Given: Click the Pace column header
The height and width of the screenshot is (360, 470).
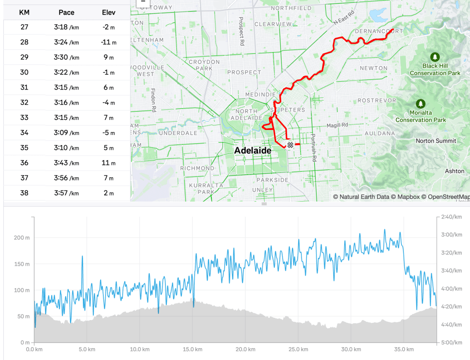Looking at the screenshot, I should tap(66, 12).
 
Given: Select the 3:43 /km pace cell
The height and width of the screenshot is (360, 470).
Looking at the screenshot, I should tap(66, 163).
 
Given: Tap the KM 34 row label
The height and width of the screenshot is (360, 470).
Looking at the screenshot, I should tap(24, 133).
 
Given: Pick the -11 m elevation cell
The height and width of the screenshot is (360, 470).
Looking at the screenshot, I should tap(108, 42).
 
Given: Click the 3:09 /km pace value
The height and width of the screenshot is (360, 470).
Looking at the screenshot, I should tap(66, 133).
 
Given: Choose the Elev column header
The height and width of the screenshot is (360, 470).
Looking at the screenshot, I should tap(108, 12).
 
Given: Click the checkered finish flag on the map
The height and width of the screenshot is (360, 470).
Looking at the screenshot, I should tap(290, 145).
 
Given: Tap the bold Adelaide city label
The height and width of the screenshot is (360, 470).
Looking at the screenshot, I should tap(253, 151).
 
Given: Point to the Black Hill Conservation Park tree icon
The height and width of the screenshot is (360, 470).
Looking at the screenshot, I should tap(435, 57).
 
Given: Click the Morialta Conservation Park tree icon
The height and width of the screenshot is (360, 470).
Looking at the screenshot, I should tap(420, 104).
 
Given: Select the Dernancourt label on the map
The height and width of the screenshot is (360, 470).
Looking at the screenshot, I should tap(379, 31).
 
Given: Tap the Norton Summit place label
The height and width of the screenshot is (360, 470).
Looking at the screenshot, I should tap(436, 141).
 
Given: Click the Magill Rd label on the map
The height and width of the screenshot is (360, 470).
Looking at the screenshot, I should tap(337, 125).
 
